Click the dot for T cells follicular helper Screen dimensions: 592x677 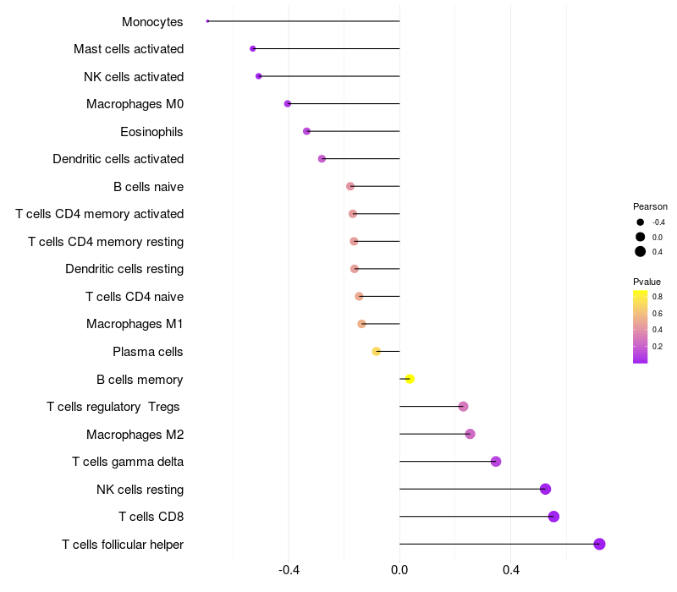pyautogui.click(x=599, y=544)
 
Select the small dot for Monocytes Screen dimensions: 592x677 pyautogui.click(x=207, y=21)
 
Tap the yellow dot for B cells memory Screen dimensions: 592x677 pyautogui.click(x=410, y=379)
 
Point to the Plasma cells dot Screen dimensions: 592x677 pyautogui.click(x=377, y=351)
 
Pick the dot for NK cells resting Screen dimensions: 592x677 pyautogui.click(x=545, y=489)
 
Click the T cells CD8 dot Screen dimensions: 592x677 pyautogui.click(x=553, y=517)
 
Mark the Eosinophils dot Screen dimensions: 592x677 pyautogui.click(x=306, y=131)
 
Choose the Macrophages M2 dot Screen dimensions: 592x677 pyautogui.click(x=470, y=434)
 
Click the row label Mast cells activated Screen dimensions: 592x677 pyautogui.click(x=129, y=49)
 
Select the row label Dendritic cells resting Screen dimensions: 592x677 pyautogui.click(x=124, y=269)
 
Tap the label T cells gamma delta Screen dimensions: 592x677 pyautogui.click(x=128, y=462)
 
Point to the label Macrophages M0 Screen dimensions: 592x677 pyautogui.click(x=135, y=104)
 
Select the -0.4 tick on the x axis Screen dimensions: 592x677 pyautogui.click(x=289, y=570)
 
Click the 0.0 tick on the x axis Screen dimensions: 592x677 pyautogui.click(x=399, y=570)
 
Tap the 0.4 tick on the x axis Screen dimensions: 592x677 pyautogui.click(x=510, y=570)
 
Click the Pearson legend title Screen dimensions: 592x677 pyautogui.click(x=650, y=206)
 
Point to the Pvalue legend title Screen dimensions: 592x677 pyautogui.click(x=647, y=282)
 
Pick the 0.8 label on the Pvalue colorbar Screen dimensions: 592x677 pyautogui.click(x=657, y=296)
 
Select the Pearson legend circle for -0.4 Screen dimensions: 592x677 pyautogui.click(x=641, y=222)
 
